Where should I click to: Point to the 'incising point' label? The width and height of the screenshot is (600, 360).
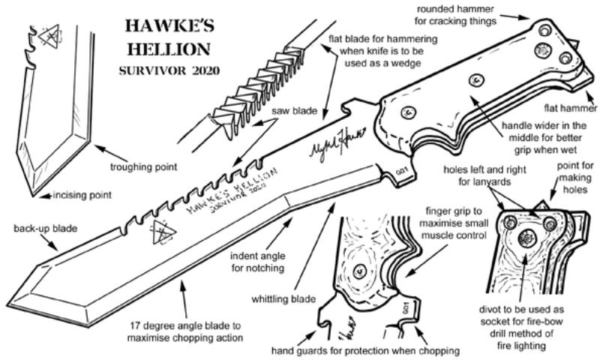point(82,196)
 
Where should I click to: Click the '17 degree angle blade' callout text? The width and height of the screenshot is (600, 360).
point(185,331)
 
